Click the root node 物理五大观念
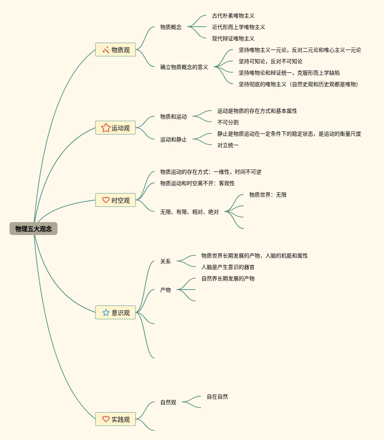click(33, 229)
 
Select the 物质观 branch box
click(115, 50)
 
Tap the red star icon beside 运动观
click(106, 128)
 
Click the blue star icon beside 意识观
click(106, 312)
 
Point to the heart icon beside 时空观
click(106, 200)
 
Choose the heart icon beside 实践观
click(106, 419)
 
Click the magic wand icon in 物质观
click(106, 50)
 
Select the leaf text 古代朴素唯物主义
click(233, 16)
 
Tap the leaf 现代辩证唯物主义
click(233, 38)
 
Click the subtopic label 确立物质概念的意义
click(184, 67)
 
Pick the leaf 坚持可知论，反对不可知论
click(270, 61)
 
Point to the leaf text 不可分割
click(228, 122)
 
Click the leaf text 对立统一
click(228, 145)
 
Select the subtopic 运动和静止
click(174, 139)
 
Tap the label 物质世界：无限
click(268, 195)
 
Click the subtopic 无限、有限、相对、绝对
click(190, 212)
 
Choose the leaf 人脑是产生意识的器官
click(228, 267)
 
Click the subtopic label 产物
click(166, 290)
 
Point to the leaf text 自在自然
click(217, 397)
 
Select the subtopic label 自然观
click(168, 402)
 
